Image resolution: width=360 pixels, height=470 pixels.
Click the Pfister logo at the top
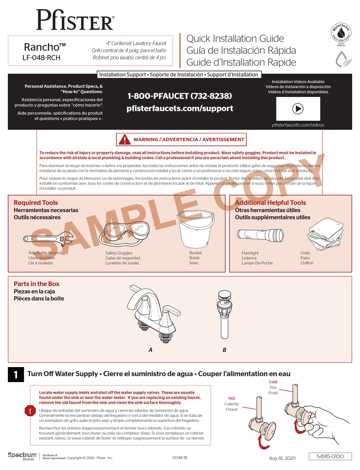pyautogui.click(x=75, y=20)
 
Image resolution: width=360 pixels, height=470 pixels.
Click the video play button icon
pyautogui.click(x=298, y=109)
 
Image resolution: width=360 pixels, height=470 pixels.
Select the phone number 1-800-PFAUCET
pyautogui.click(x=179, y=96)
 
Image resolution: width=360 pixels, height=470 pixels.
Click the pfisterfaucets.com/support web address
pyautogui.click(x=180, y=108)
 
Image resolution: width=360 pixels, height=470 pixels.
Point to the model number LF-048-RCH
pyautogui.click(x=41, y=58)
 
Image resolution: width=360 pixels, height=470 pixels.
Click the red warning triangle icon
pyautogui.click(x=125, y=139)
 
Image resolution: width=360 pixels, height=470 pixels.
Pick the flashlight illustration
pyautogui.click(x=260, y=235)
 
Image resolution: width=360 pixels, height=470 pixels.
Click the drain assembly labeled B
pyautogui.click(x=224, y=314)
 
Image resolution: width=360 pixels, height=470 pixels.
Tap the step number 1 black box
pyautogui.click(x=16, y=375)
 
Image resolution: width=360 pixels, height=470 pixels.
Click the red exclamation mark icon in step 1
pyautogui.click(x=30, y=411)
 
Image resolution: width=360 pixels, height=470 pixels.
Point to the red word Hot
pyautogui.click(x=232, y=398)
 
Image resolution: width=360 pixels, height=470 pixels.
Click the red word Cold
pyautogui.click(x=273, y=382)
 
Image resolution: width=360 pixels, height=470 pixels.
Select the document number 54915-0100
pyautogui.click(x=330, y=456)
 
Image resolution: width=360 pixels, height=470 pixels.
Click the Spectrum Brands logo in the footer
pyautogui.click(x=22, y=456)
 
